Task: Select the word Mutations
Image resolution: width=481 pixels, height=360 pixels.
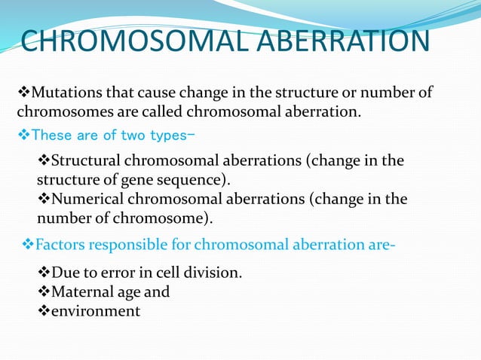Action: tap(63, 93)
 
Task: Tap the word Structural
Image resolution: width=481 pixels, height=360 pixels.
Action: tap(84, 161)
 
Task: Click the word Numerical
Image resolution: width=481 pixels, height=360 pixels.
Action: tap(83, 200)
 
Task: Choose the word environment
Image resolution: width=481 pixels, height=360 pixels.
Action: tap(95, 310)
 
